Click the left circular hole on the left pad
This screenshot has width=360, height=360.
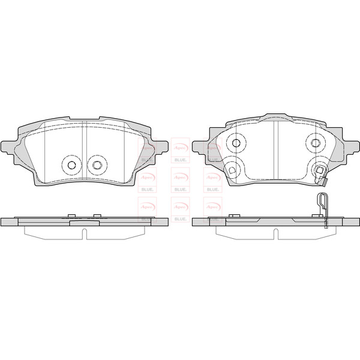(x=72, y=165)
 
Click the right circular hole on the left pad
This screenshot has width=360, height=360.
(x=95, y=165)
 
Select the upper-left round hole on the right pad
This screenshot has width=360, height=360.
(x=236, y=143)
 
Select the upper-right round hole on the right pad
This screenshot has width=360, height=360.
(x=316, y=143)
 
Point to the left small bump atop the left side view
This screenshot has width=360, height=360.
(x=71, y=215)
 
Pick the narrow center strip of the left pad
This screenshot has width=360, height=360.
(x=84, y=150)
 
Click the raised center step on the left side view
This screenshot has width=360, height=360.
(x=84, y=221)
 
